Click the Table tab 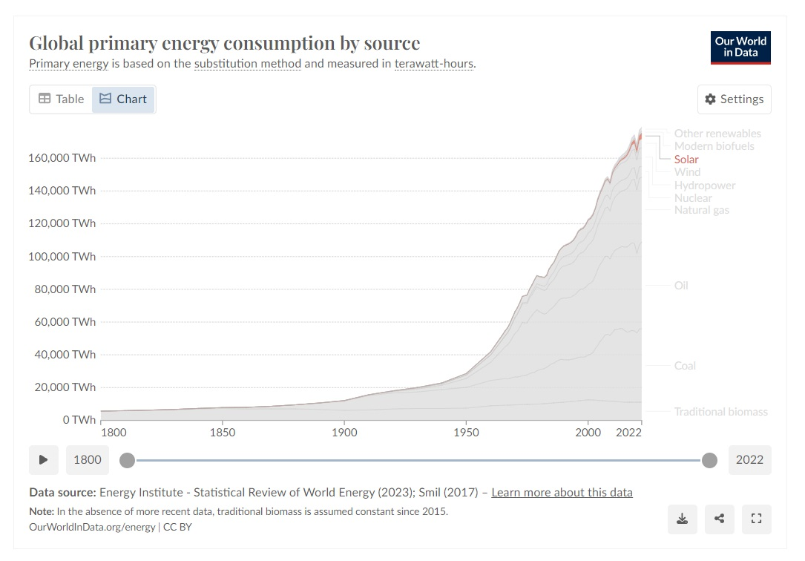click(x=62, y=99)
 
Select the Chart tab click(x=123, y=99)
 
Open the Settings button click(x=734, y=99)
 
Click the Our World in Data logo click(x=740, y=47)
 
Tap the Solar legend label click(x=686, y=159)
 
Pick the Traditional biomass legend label click(x=720, y=411)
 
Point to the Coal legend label click(x=685, y=365)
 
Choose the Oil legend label click(x=681, y=285)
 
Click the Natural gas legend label click(x=701, y=210)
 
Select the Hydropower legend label click(x=705, y=185)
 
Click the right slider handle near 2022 click(x=710, y=460)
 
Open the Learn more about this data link click(x=562, y=492)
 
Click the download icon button click(x=683, y=519)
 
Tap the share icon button click(x=719, y=519)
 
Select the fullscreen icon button click(x=756, y=519)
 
